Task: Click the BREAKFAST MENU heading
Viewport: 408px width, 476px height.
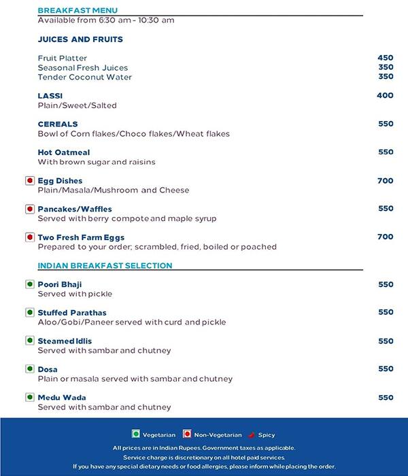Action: coord(78,10)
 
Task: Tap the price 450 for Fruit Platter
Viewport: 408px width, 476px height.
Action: coord(385,58)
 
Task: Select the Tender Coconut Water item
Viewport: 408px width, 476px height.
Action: coord(85,77)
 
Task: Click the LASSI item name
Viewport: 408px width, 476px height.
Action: coord(50,96)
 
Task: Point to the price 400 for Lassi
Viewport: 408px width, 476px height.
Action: coord(385,96)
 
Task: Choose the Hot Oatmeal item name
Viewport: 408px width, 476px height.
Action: coord(64,152)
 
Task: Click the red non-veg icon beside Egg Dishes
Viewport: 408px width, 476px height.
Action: coord(29,181)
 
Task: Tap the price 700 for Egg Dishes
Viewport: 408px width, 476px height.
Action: coord(385,181)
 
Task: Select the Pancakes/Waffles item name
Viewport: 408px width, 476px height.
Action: coord(75,209)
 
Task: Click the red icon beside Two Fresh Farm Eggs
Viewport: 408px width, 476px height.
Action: coord(29,237)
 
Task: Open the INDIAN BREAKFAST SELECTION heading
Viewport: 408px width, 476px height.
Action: coord(105,265)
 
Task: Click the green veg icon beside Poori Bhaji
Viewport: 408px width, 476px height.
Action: coord(29,284)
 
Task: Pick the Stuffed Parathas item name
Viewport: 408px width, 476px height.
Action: coord(72,312)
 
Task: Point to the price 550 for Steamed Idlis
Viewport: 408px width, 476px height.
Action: coord(385,341)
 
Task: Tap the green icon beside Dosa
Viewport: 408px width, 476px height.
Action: coord(29,369)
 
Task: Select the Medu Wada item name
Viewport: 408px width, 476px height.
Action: coord(62,397)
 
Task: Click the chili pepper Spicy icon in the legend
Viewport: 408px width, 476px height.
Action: coord(252,435)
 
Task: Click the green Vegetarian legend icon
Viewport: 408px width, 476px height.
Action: coord(135,435)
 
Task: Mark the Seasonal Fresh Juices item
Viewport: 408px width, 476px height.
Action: coord(83,67)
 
